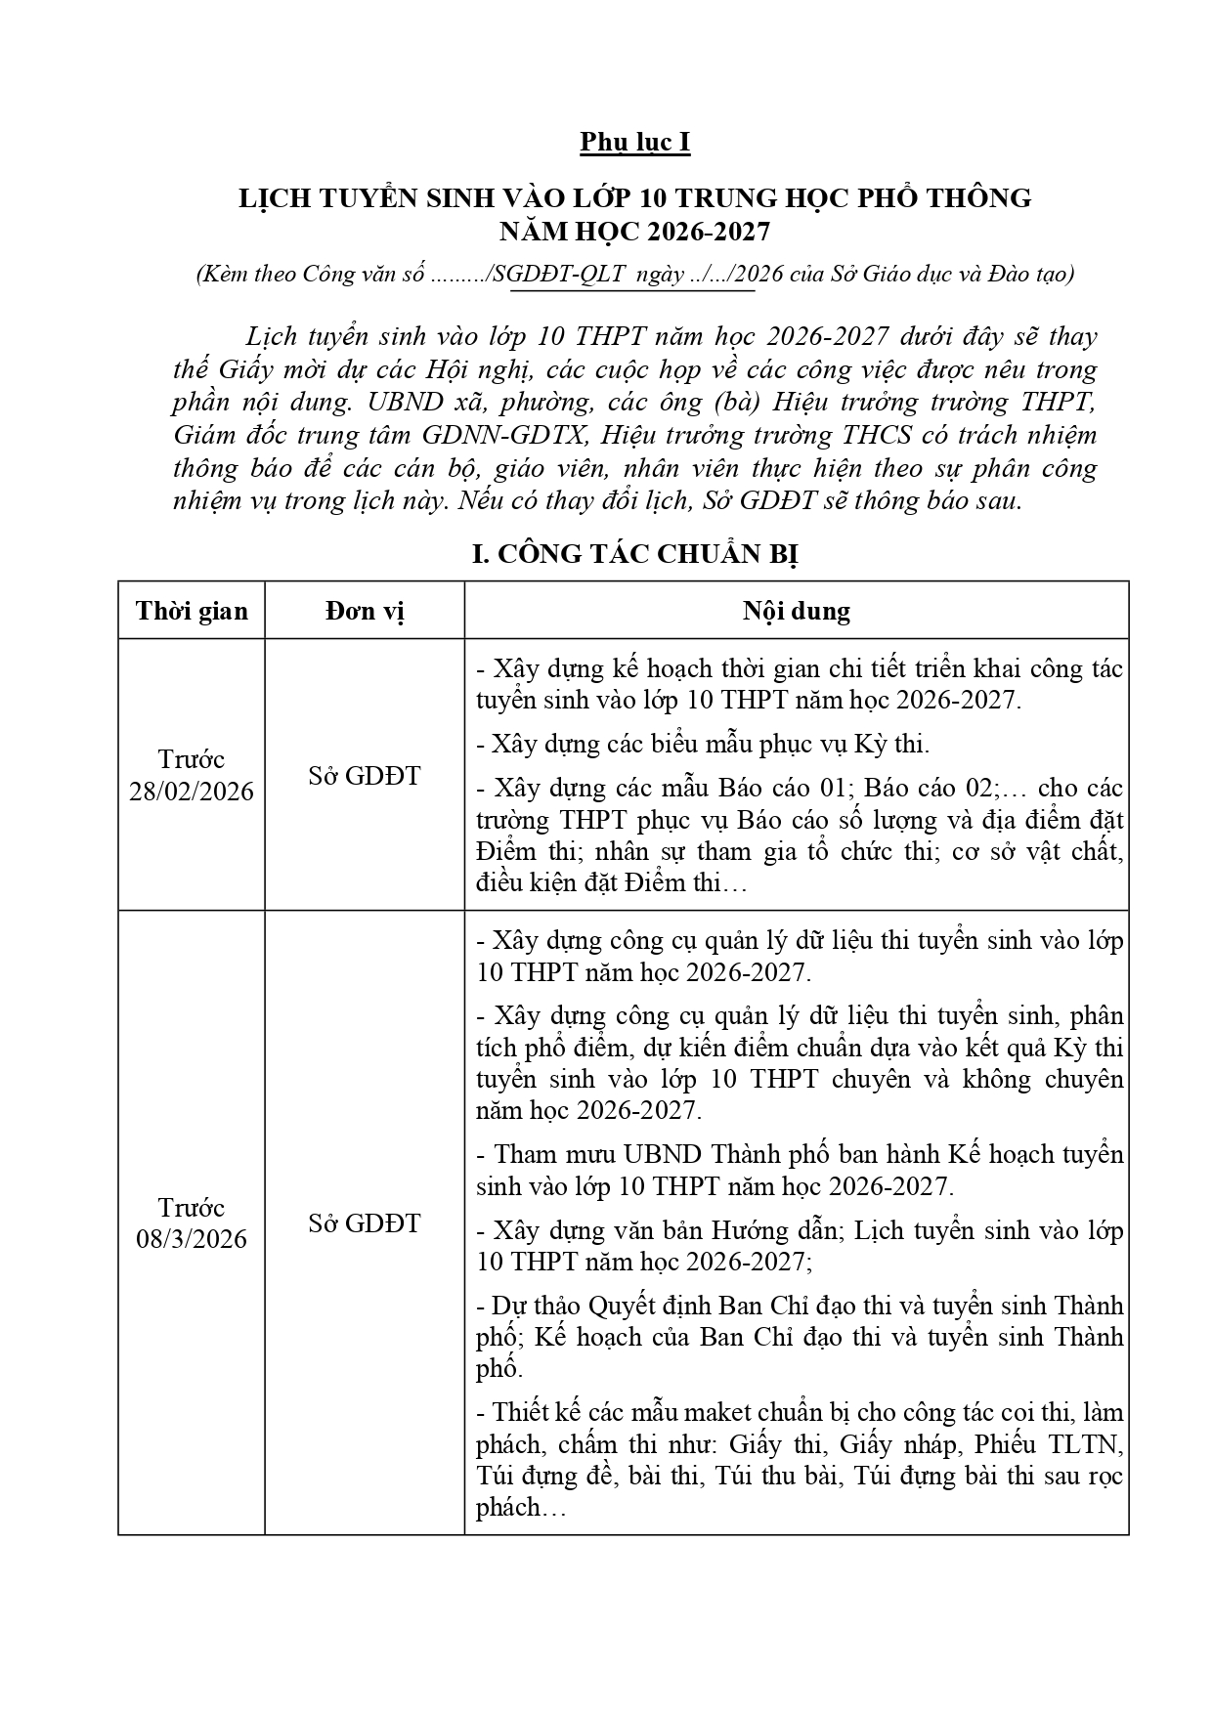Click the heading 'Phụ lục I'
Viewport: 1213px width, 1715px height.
coord(634,143)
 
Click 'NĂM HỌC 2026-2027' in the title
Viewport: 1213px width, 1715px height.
coord(634,232)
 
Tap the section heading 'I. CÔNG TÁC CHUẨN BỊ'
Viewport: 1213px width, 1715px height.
coord(634,555)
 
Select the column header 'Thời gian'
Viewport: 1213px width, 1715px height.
coord(192,612)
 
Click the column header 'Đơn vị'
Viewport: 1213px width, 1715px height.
coord(365,612)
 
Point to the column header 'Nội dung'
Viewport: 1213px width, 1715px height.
coord(796,612)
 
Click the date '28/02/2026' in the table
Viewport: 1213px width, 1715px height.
coord(192,791)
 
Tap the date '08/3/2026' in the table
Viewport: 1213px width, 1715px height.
coord(192,1239)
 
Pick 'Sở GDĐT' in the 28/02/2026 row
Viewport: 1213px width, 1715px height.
coord(365,776)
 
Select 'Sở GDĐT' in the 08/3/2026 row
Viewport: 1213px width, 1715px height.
coord(365,1223)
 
